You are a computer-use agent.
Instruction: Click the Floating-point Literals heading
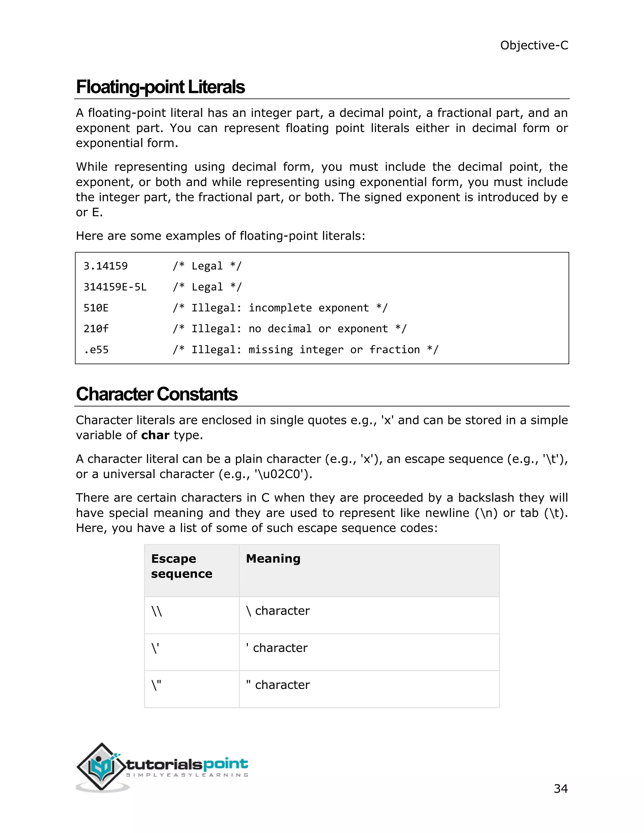coord(160,87)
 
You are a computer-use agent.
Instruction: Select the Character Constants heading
coord(156,394)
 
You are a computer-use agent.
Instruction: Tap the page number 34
coord(560,788)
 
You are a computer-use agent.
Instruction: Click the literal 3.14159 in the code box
coord(106,266)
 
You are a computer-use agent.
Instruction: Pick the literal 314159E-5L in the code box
coord(115,287)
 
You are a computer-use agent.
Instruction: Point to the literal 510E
coord(96,308)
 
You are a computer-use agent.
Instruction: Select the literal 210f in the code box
coord(96,329)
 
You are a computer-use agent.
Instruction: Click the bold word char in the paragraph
coord(155,435)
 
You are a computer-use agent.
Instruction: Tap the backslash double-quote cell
coord(156,685)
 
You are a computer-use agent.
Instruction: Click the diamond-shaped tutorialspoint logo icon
coord(101,767)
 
